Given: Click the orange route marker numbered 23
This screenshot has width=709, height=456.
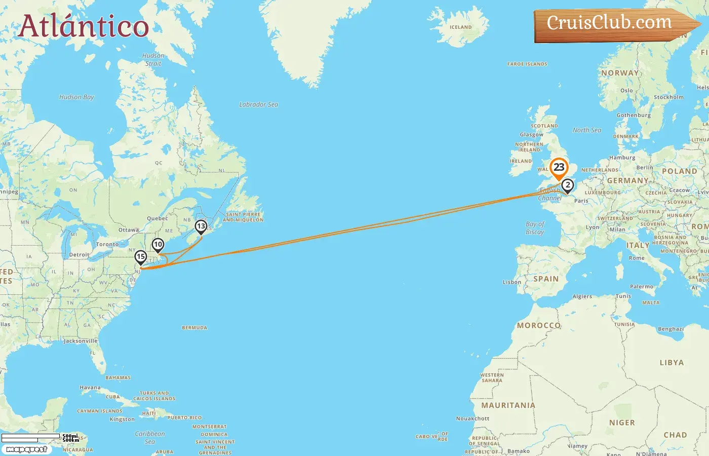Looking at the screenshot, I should coord(559,168).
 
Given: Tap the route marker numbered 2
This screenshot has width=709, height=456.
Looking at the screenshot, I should coord(568,185).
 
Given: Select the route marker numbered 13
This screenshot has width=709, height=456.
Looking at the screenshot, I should coord(201,226).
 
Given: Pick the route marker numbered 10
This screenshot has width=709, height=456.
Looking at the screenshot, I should coord(158,245).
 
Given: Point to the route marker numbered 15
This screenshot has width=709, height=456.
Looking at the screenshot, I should coord(141,257).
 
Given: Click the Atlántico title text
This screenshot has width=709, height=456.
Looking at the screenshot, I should coord(84,26).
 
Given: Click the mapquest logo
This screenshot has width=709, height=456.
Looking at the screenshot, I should coord(26,449).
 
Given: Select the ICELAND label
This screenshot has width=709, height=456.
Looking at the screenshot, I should coord(460,27).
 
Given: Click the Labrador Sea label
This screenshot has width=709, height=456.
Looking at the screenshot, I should coord(258,104).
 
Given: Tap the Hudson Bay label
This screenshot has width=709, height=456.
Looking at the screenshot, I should coord(76,97).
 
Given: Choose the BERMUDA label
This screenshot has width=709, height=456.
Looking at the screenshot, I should coord(194,328).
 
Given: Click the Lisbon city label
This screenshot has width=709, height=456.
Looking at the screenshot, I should coord(511,282).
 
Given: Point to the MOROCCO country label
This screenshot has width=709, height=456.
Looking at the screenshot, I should coord(539,325).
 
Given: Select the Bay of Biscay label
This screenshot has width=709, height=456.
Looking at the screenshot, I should coord(535,228).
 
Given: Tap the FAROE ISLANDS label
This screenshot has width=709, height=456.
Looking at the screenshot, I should coord(527,64).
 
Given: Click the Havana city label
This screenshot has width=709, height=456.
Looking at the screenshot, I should coord(90,388).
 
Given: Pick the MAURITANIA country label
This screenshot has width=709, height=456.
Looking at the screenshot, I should coord(508,405).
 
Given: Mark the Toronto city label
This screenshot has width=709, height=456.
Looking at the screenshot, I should coord(107,244).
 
